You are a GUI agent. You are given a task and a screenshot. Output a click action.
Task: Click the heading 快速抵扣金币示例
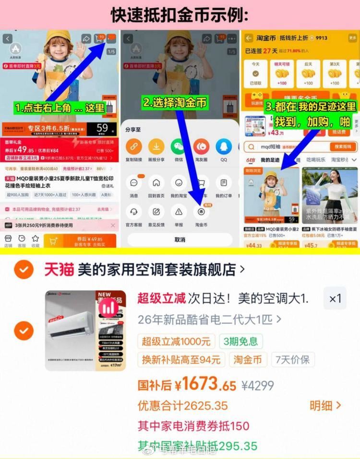[x=180, y=15]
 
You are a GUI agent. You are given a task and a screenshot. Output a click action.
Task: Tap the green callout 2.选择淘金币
[x=175, y=102]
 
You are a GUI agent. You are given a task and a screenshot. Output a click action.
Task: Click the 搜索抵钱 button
[x=343, y=146]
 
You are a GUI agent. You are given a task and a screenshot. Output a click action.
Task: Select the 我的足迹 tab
[x=270, y=160]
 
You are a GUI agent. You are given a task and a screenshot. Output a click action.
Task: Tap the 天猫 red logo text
[x=59, y=270]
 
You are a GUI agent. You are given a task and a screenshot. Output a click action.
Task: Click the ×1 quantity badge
[x=335, y=299]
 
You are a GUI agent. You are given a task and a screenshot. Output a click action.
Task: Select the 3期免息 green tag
[x=241, y=341]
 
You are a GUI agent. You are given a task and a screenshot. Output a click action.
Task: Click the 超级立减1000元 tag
[x=176, y=341]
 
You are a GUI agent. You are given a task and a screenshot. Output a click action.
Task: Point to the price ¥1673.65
[x=205, y=384]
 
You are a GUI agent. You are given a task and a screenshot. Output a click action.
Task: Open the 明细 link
[x=325, y=405]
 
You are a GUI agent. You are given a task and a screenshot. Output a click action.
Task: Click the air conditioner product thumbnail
[x=86, y=330]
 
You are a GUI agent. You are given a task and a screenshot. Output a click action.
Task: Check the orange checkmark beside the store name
[x=24, y=270]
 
